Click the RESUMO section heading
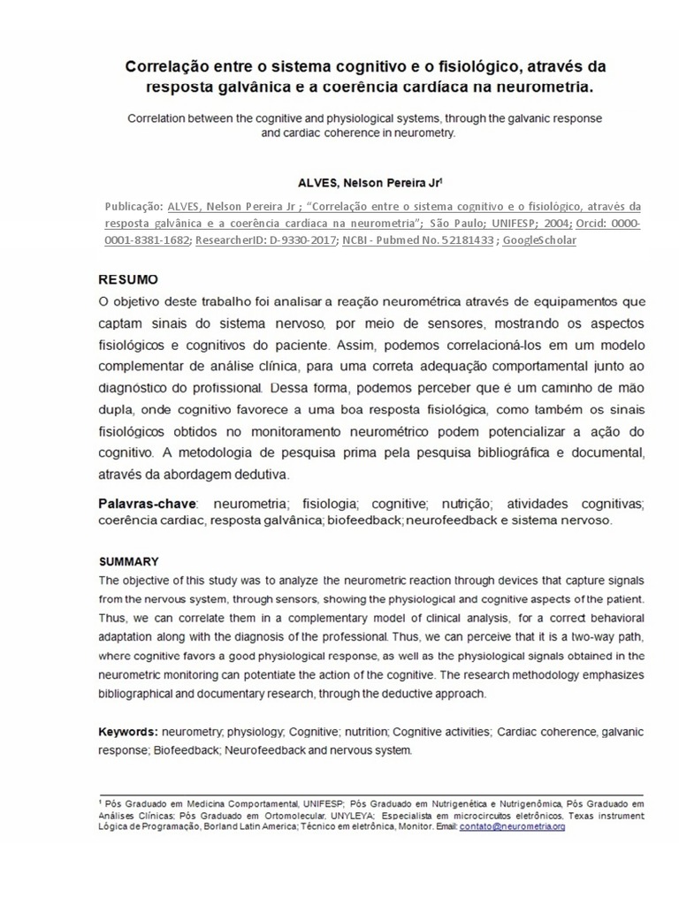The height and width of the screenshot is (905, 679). tap(128, 280)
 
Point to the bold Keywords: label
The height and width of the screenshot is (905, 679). tap(128, 733)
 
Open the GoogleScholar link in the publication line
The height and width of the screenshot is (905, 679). tap(539, 240)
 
